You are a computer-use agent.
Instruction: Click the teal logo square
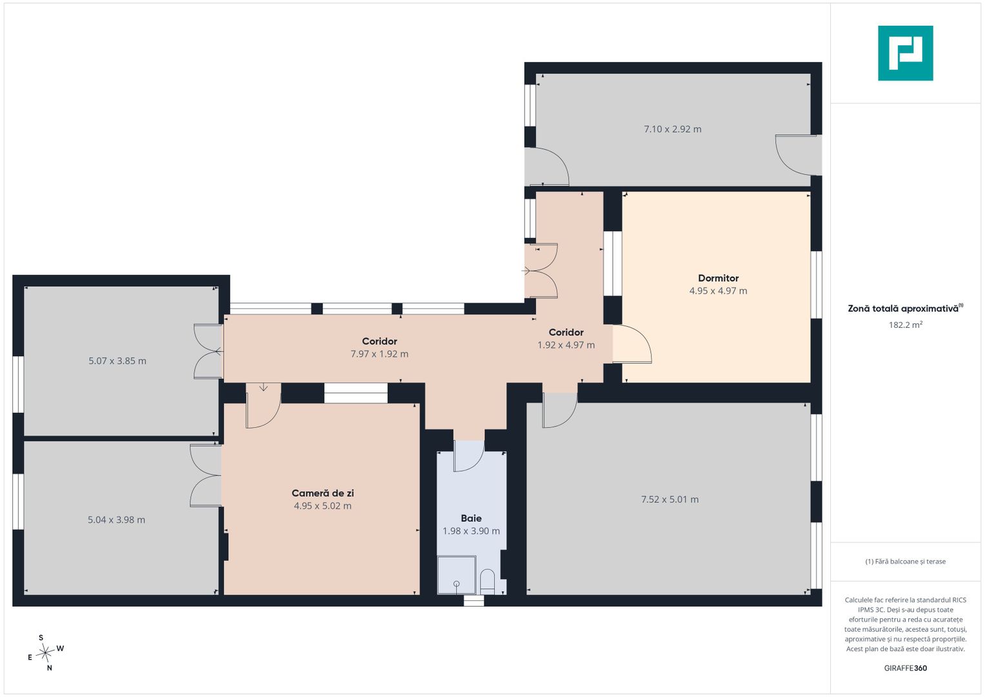(x=906, y=53)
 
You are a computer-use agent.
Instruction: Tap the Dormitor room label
(x=718, y=278)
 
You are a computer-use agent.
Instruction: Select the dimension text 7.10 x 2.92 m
(x=672, y=129)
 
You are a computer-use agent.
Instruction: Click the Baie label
(x=471, y=518)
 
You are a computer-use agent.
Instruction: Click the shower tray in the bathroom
(x=457, y=575)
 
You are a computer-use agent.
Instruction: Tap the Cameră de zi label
(x=323, y=493)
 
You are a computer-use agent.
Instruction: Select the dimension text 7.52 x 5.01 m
(x=670, y=500)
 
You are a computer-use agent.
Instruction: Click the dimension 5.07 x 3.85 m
(x=117, y=361)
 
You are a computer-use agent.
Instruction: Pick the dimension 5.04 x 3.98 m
(x=117, y=520)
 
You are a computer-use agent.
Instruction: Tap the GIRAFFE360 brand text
(x=906, y=668)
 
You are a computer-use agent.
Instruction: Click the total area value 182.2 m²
(x=906, y=325)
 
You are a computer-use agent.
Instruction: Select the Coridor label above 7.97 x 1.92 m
(x=379, y=341)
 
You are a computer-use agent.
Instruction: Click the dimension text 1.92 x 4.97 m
(x=566, y=345)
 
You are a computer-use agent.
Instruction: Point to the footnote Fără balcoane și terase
(x=906, y=561)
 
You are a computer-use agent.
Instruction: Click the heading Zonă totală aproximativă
(x=903, y=308)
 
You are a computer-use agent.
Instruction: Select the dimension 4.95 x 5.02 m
(x=323, y=506)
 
